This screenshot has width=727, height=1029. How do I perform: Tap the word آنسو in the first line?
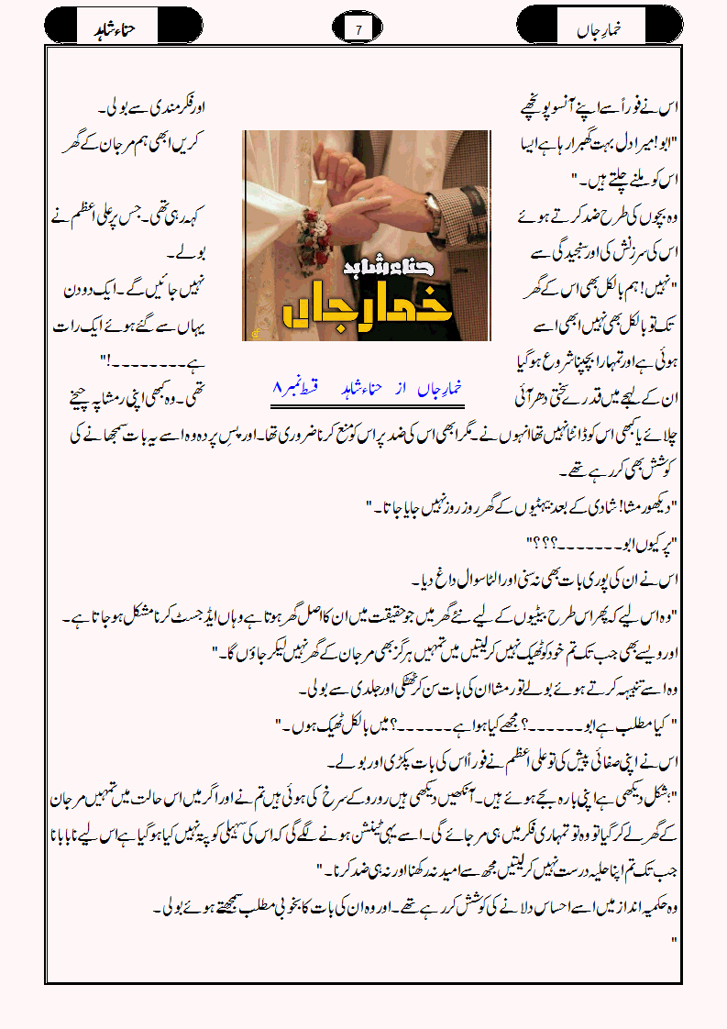tap(578, 109)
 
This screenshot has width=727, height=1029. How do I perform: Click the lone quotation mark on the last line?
tap(674, 942)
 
